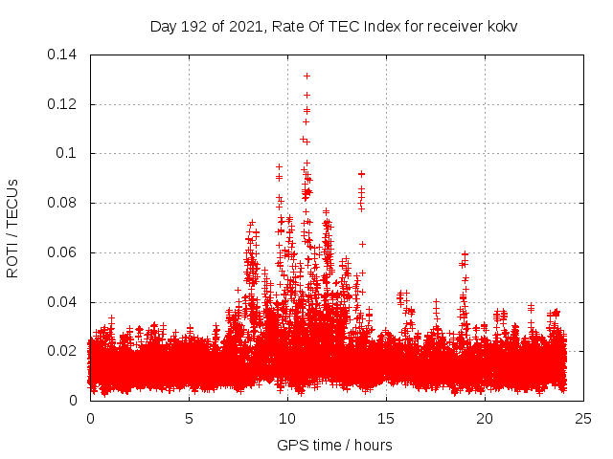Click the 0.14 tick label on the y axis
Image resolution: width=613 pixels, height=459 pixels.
point(63,55)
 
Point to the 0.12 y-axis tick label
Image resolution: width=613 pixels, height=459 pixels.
point(63,104)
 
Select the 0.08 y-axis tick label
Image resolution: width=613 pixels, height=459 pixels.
point(63,203)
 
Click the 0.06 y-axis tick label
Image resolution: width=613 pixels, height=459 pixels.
point(63,252)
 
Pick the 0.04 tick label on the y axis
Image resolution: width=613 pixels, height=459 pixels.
point(63,302)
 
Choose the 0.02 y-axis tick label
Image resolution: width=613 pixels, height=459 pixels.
point(63,351)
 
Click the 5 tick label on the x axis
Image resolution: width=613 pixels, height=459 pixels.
point(189,419)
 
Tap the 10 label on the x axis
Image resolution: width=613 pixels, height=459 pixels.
point(287,419)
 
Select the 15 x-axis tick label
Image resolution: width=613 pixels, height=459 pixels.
point(386,419)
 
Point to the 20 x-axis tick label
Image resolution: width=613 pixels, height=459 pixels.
point(485,419)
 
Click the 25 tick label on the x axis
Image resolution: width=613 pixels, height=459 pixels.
point(583,419)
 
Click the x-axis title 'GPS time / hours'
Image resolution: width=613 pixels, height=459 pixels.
point(334,445)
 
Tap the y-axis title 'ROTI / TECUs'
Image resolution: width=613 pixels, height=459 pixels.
point(13,228)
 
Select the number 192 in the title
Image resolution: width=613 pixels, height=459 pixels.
point(194,26)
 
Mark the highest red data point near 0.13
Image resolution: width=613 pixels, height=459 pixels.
point(306,76)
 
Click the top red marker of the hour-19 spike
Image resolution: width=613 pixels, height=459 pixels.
point(465,254)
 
